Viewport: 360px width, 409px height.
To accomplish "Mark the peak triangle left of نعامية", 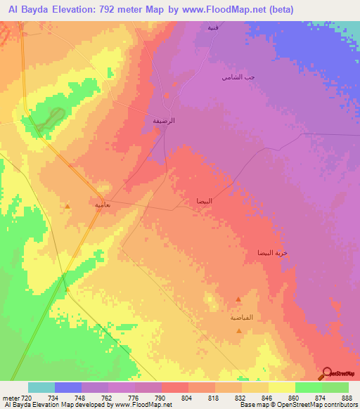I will [67, 206].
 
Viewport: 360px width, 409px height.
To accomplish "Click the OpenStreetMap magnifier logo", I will [328, 374].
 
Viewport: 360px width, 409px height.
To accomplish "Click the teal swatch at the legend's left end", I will [41, 387].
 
